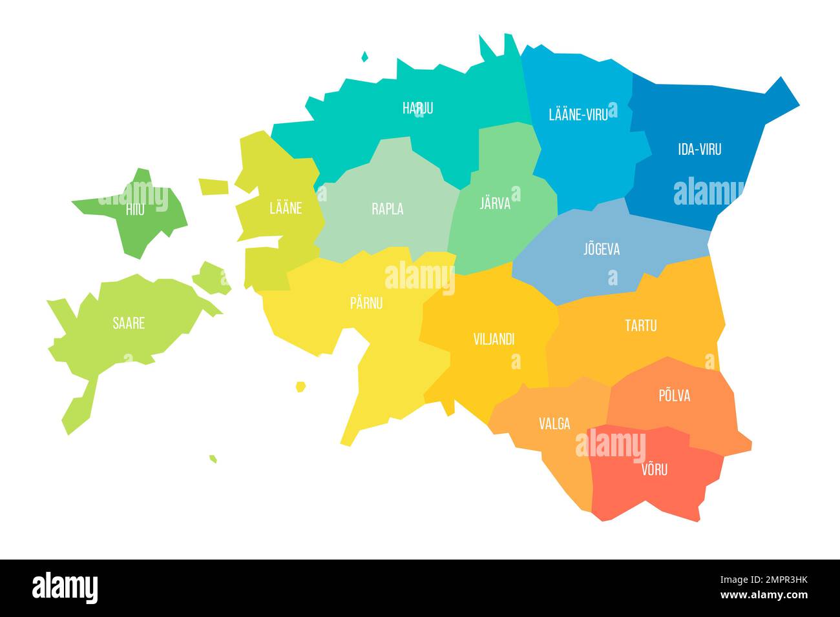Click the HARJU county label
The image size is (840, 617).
click(417, 108)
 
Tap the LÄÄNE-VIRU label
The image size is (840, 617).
click(578, 115)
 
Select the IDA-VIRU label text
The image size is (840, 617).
click(700, 150)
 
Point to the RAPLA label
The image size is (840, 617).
click(388, 209)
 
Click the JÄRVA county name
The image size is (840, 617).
click(495, 203)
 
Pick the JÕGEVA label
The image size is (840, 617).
click(602, 249)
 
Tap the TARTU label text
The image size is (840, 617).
click(640, 325)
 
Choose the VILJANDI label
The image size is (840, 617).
click(494, 339)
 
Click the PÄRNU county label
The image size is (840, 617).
click(366, 303)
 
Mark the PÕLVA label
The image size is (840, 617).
click(674, 396)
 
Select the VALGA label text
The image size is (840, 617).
click(554, 424)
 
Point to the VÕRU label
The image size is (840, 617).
click(655, 469)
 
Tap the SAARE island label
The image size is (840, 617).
click(129, 323)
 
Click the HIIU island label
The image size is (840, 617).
click(135, 209)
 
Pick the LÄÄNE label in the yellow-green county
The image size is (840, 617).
click(285, 208)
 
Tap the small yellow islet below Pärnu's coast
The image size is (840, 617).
click(300, 387)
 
